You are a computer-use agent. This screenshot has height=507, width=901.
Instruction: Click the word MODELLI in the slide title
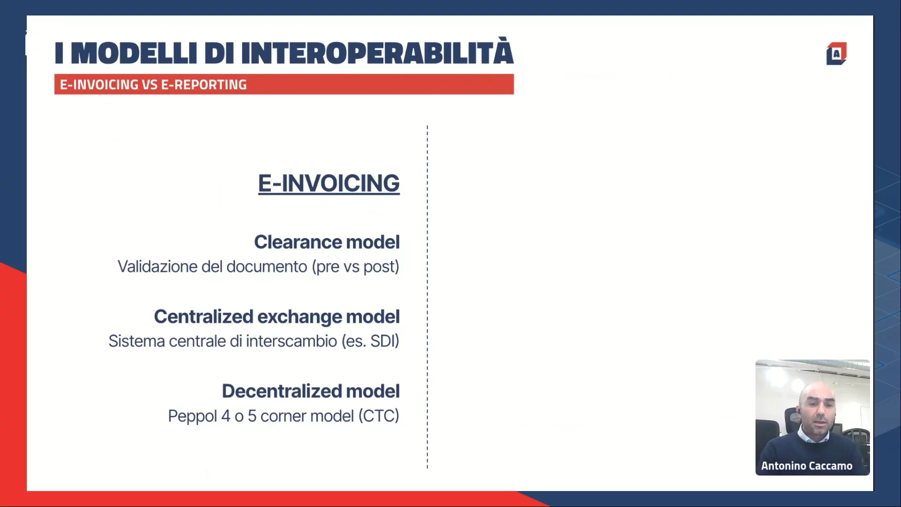(x=134, y=53)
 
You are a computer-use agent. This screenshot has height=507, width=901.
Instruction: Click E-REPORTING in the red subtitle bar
(x=204, y=85)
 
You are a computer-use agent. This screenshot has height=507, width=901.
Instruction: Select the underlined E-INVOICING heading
(x=329, y=183)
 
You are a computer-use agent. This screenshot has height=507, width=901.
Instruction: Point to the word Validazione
(x=157, y=267)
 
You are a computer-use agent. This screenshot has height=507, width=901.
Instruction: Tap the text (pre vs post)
(x=356, y=267)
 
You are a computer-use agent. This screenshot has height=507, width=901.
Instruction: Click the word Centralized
(x=204, y=317)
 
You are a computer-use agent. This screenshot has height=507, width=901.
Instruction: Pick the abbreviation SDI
(x=384, y=341)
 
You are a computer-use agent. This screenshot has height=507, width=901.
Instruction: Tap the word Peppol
(x=192, y=416)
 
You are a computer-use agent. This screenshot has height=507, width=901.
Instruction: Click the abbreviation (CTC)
(x=379, y=416)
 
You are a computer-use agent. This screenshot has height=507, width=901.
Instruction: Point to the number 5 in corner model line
(x=252, y=416)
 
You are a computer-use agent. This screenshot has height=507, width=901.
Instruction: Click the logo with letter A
(x=836, y=54)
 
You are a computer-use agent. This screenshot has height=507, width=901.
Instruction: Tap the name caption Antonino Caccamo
(x=807, y=466)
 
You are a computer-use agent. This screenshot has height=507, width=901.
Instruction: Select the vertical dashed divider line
(x=427, y=297)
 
